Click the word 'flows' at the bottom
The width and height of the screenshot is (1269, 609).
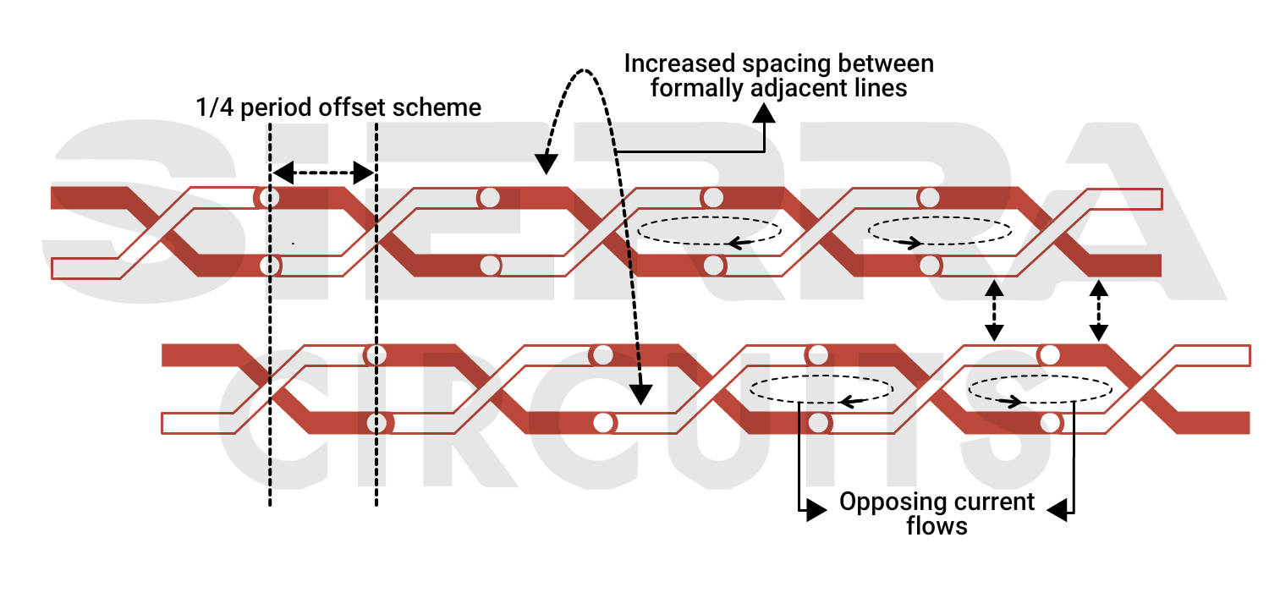click(x=937, y=525)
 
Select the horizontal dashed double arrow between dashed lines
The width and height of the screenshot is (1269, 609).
click(x=322, y=173)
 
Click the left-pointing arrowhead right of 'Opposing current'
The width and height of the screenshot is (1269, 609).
click(x=1057, y=510)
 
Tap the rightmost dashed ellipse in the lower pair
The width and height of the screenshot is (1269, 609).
click(x=1040, y=389)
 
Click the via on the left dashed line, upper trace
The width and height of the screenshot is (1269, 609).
click(x=269, y=198)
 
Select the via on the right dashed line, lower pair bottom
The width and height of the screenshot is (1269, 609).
click(x=376, y=421)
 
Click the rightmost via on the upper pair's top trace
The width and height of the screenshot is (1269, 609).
click(x=929, y=198)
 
